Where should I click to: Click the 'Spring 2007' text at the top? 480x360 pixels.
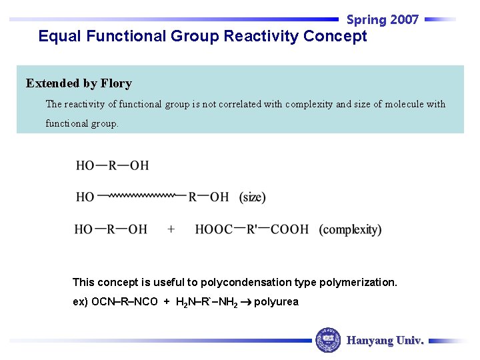tap(383, 19)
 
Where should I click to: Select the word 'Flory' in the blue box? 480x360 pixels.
tap(116, 83)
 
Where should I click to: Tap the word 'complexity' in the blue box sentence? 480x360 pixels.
tap(309, 104)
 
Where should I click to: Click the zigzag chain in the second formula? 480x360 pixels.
tap(141, 196)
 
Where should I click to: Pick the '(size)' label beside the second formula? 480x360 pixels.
tap(253, 197)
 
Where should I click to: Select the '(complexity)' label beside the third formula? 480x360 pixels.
tap(350, 229)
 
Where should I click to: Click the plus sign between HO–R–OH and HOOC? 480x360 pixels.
tap(171, 229)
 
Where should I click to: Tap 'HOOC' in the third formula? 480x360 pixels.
tap(213, 229)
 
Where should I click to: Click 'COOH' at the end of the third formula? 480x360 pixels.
tap(289, 229)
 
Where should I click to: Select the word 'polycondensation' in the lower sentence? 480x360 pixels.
tap(243, 282)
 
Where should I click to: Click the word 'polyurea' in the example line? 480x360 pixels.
tap(276, 302)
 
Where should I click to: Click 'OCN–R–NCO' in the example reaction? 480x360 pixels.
tap(115, 302)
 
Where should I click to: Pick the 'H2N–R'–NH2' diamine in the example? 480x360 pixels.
tap(206, 302)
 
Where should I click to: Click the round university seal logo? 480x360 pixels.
tap(328, 340)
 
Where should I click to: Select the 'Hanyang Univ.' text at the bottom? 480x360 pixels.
tap(385, 341)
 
